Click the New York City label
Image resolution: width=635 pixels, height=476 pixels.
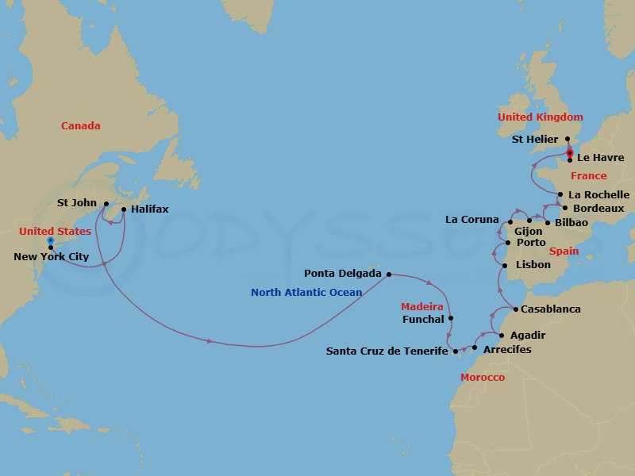point(52,256)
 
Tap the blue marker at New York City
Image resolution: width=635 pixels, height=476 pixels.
point(50,240)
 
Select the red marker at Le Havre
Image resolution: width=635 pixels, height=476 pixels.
point(570,153)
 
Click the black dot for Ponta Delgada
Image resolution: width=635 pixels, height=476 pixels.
point(388,274)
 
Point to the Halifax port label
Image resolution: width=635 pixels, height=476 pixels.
point(150,209)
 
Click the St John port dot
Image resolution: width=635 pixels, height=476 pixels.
point(106,203)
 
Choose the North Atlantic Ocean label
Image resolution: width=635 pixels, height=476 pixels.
point(306,293)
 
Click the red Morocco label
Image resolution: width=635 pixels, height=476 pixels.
point(483,377)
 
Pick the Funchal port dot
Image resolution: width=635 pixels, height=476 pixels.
point(451,319)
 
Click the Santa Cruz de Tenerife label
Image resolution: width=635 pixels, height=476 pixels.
point(382,351)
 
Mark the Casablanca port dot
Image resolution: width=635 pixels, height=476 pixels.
point(516,309)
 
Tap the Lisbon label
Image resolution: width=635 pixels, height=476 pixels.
point(533,264)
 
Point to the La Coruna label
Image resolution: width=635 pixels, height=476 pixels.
point(471,220)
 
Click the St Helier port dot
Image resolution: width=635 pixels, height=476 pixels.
point(567,139)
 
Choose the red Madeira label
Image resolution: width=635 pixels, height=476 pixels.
point(421,306)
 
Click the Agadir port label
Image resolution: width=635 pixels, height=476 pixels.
point(529,336)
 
